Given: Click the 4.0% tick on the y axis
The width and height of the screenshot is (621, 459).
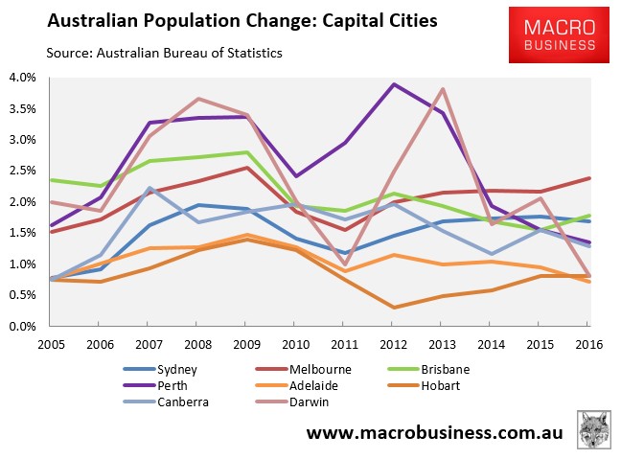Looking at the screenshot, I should click(22, 78).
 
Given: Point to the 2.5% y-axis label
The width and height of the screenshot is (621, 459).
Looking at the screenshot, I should click(22, 172).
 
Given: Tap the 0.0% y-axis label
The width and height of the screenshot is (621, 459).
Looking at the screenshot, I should click(22, 327).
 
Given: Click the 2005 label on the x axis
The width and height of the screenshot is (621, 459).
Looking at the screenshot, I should click(52, 343).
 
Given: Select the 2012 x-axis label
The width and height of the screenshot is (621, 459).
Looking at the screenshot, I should click(395, 343).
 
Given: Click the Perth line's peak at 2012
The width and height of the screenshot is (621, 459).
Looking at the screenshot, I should click(395, 84).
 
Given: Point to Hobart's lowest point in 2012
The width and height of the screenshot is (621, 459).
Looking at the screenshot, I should click(395, 308).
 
